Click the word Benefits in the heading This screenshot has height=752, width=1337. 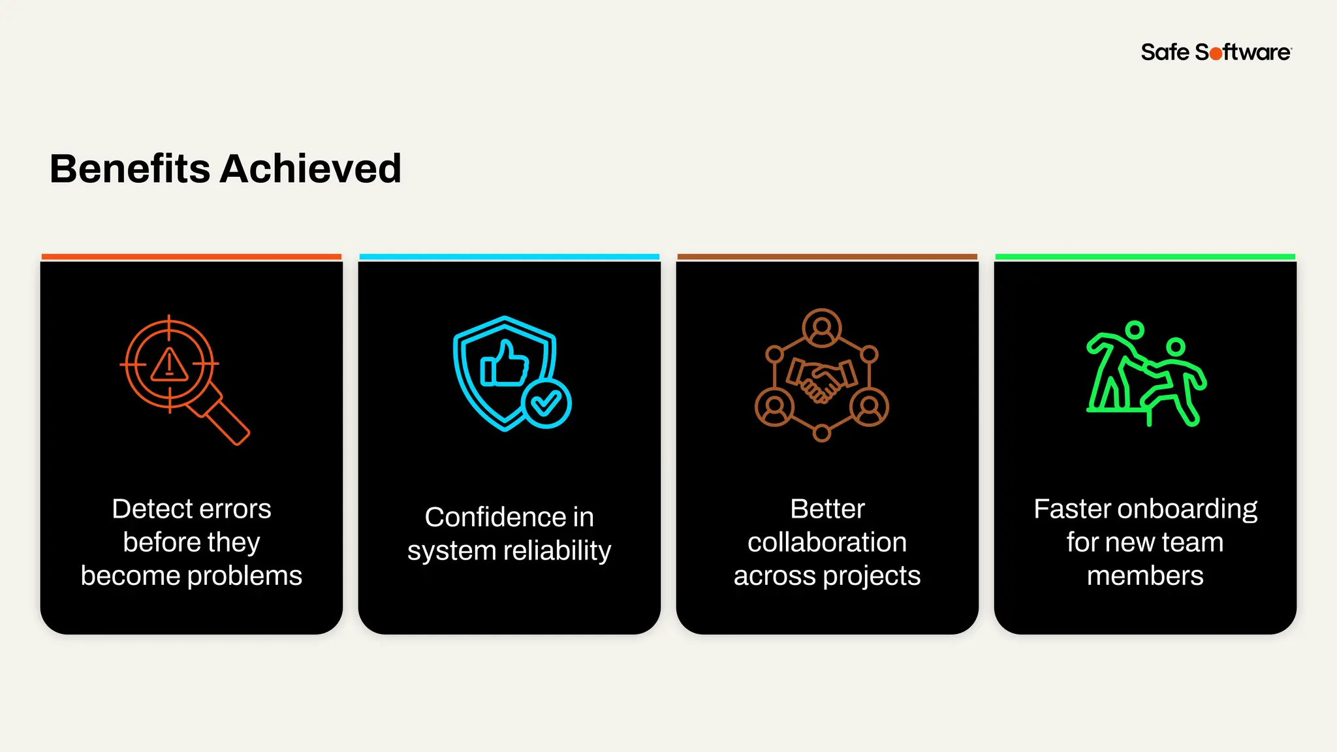[x=129, y=168]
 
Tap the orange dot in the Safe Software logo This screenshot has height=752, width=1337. [x=1216, y=54]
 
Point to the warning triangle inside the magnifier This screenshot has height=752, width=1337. [x=170, y=365]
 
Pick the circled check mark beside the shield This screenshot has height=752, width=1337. [x=546, y=403]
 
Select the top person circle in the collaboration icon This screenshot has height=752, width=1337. [x=822, y=327]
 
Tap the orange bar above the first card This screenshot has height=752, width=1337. [x=191, y=257]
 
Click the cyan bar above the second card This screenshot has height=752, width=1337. [x=509, y=257]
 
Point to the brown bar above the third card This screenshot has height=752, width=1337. [x=827, y=257]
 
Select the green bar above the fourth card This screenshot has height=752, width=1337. [x=1145, y=257]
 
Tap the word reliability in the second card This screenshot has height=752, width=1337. [x=557, y=551]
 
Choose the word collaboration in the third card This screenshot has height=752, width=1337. [x=827, y=542]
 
